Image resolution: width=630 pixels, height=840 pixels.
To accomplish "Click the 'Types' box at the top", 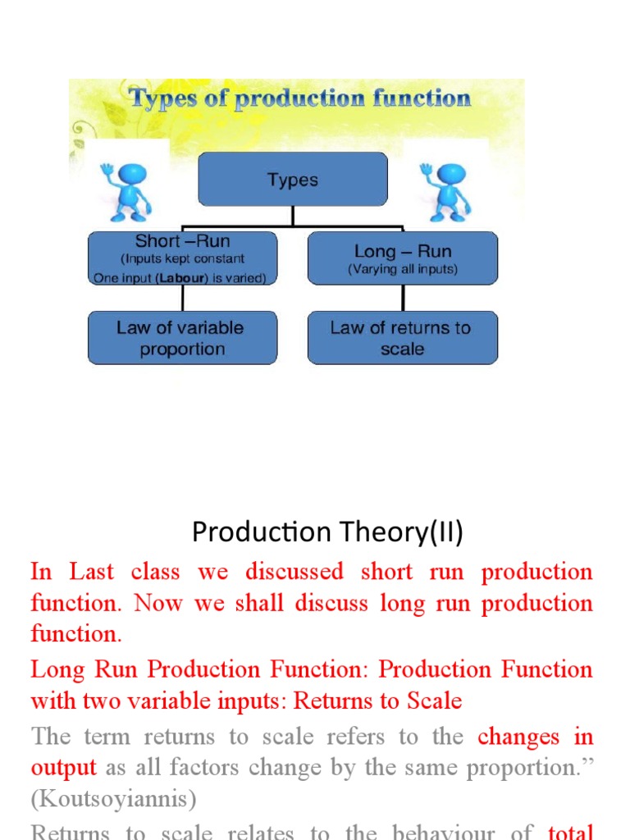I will point(293,179).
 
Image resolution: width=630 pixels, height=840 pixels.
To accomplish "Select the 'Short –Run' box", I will point(182,258).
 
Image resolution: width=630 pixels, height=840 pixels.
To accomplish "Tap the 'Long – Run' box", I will point(402,258).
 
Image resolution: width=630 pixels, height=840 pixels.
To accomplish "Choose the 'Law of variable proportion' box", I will point(182,338).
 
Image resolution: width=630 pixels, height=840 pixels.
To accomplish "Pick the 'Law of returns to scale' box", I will point(402,338).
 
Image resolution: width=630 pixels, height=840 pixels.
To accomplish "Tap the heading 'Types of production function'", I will point(300,99).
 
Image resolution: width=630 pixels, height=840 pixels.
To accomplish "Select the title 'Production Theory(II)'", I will point(327,533).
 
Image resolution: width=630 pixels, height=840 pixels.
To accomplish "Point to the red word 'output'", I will point(63,769).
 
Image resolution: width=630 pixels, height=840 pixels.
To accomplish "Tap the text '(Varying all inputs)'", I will point(402,269).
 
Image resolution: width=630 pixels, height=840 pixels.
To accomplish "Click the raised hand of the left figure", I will point(107,170).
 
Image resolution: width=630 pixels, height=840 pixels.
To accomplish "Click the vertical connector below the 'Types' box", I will point(293,215).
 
